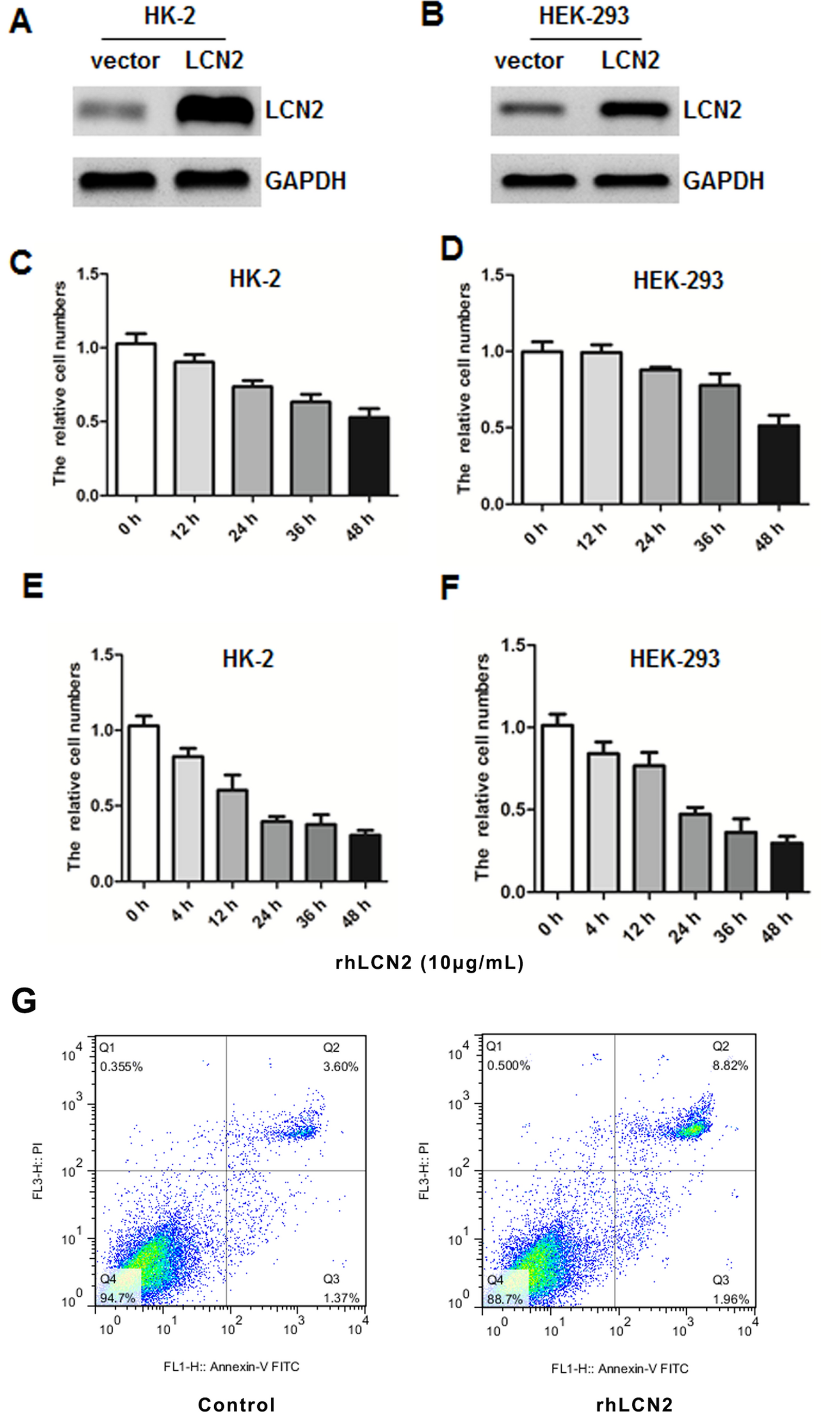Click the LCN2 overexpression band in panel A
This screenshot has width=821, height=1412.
coord(214,110)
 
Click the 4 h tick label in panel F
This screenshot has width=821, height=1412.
coord(598,923)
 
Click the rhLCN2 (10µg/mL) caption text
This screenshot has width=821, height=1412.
coord(430,963)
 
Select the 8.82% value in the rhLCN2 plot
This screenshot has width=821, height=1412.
coord(730,1066)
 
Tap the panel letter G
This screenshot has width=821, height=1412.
coord(24,1001)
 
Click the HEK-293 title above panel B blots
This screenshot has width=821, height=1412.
coord(584,16)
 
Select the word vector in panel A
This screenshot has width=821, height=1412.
coord(125,60)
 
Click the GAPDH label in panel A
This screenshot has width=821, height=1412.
coord(306,181)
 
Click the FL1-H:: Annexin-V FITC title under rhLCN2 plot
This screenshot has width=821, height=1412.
coord(619,1369)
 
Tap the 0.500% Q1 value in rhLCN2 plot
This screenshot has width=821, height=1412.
coord(508,1065)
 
